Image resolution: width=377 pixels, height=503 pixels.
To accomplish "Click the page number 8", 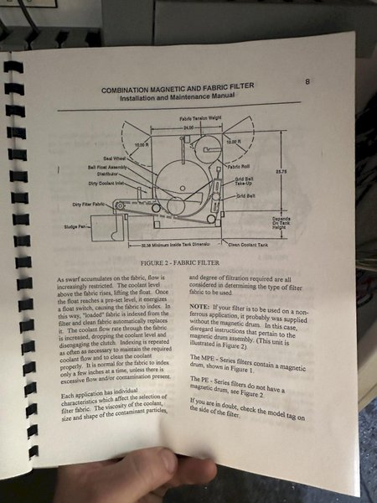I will (307, 81).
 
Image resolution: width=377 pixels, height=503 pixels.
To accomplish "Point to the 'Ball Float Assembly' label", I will (107, 166).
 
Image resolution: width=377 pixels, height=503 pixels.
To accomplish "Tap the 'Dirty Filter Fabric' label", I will (91, 205).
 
